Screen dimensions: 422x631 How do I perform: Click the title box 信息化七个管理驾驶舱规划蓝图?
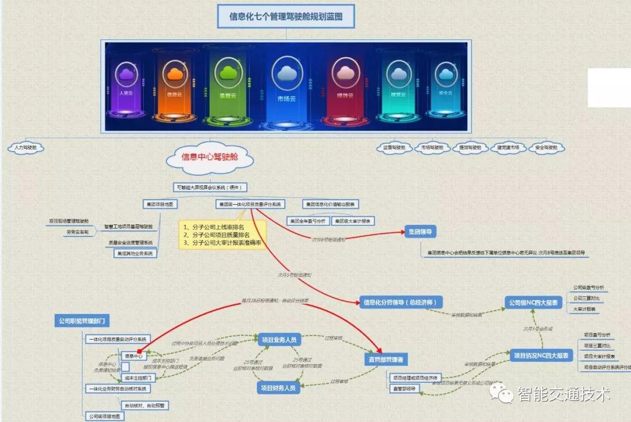pyautogui.click(x=286, y=16)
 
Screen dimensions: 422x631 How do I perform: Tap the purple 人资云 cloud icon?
pyautogui.click(x=126, y=74)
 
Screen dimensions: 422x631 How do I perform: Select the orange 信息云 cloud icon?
pyautogui.click(x=175, y=74)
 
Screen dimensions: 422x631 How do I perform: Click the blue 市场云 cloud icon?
pyautogui.click(x=286, y=74)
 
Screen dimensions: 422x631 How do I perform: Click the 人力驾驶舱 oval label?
pyautogui.click(x=26, y=148)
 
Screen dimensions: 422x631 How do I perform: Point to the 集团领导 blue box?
pyautogui.click(x=421, y=232)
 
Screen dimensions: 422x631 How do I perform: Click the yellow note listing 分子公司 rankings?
pyautogui.click(x=220, y=235)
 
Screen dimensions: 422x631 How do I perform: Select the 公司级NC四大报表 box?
pyautogui.click(x=533, y=302)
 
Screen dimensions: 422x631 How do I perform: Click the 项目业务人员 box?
pyautogui.click(x=279, y=340)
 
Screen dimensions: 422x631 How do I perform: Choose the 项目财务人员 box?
pyautogui.click(x=278, y=387)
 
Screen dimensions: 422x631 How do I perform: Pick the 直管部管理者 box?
pyautogui.click(x=386, y=358)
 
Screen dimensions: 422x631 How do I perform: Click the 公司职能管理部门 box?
pyautogui.click(x=83, y=320)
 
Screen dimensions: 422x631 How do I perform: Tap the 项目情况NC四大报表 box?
pyautogui.click(x=541, y=355)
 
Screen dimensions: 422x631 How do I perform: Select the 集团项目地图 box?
pyautogui.click(x=160, y=204)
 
